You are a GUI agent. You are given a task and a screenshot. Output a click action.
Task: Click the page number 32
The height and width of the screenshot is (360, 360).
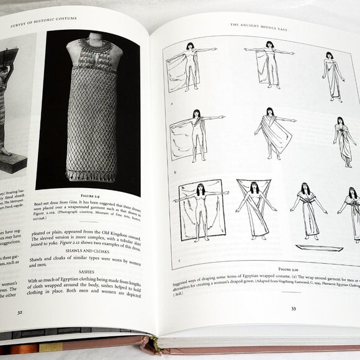pyautogui.click(x=20, y=313)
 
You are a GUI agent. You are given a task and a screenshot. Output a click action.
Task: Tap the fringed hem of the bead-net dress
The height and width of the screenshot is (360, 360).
pyautogui.click(x=92, y=173)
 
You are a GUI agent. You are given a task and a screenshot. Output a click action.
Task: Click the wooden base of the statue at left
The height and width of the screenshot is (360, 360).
pyautogui.click(x=14, y=163)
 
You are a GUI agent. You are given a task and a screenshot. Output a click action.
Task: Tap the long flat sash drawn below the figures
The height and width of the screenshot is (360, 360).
pyautogui.click(x=318, y=248)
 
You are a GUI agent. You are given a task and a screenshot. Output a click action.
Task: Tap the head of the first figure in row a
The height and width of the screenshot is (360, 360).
pyautogui.click(x=191, y=47)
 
